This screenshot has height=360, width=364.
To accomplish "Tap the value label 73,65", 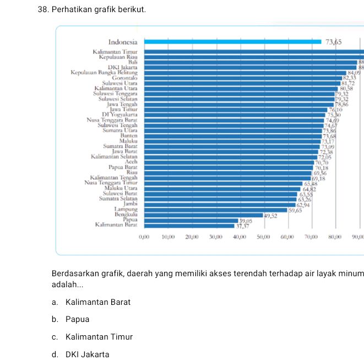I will pyautogui.click(x=334, y=42).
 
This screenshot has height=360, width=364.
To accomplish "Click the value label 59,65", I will pyautogui.click(x=295, y=211).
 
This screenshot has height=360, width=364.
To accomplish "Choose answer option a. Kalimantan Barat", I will pyautogui.click(x=91, y=302).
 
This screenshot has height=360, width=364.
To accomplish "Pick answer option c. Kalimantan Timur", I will pyautogui.click(x=92, y=337).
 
